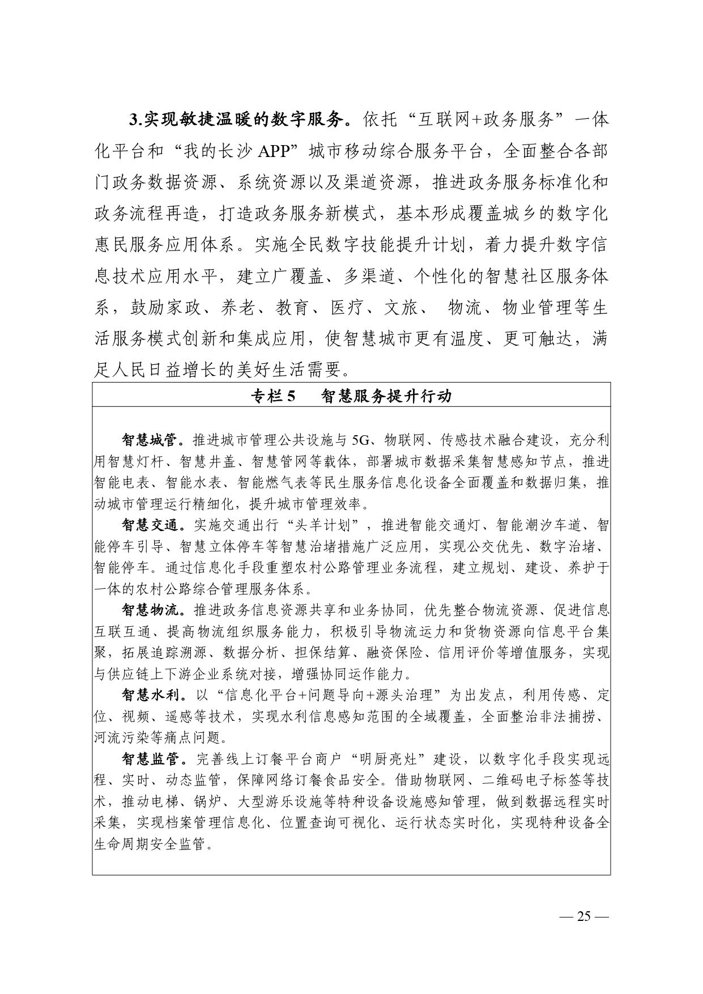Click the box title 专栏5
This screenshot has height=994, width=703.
pos(274,396)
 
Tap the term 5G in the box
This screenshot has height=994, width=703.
pos(359,440)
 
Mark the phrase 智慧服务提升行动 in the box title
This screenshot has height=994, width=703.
pos(386,396)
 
